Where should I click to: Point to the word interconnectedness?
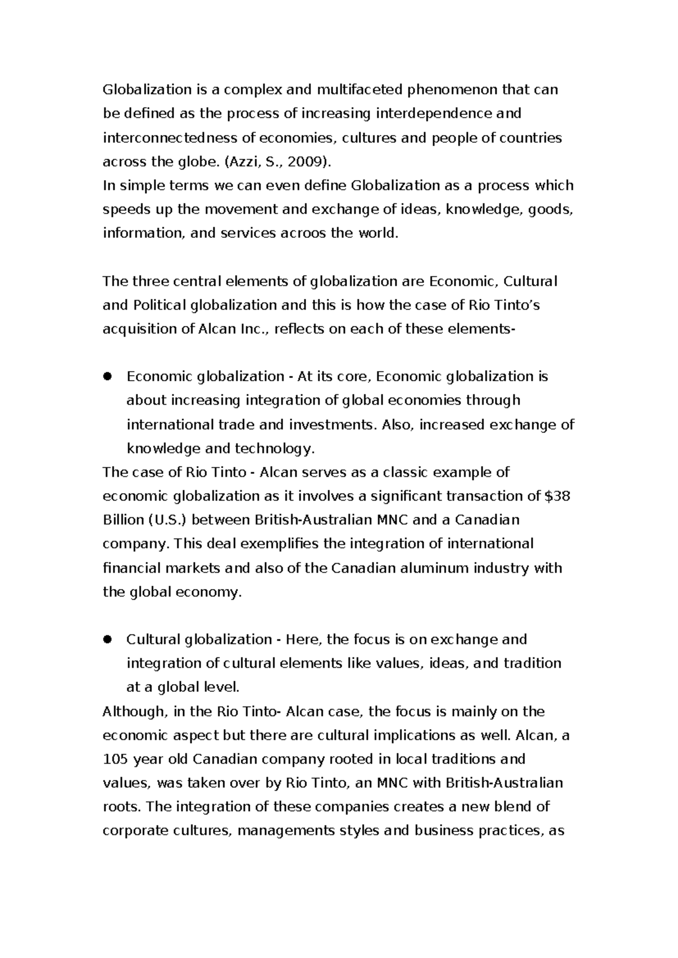pyautogui.click(x=170, y=138)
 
